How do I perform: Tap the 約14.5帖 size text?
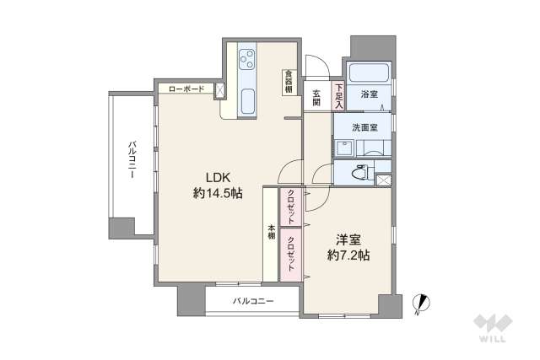coord(217,193)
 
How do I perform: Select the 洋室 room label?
coord(346,239)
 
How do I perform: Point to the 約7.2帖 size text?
coord(348,255)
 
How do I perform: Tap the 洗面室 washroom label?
coord(365,127)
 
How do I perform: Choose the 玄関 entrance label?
coord(316,97)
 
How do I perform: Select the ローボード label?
coord(186,89)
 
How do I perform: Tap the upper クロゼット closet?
coord(289,208)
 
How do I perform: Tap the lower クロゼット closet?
coord(290,252)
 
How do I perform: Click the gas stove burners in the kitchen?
coord(247,59)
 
